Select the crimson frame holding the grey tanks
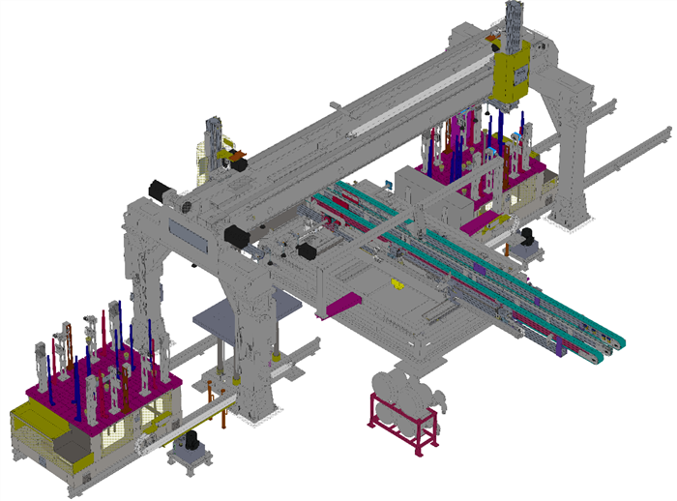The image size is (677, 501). click(x=402, y=422)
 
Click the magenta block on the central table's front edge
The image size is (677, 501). click(x=341, y=305)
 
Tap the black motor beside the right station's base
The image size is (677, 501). click(x=527, y=238)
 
